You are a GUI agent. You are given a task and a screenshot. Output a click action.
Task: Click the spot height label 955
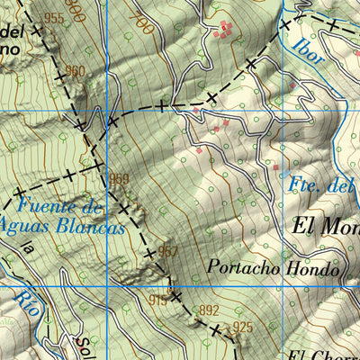[x=54, y=18]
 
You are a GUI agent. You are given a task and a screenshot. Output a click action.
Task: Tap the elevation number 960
[x=75, y=72]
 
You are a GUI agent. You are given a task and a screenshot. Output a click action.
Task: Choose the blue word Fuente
[x=49, y=206]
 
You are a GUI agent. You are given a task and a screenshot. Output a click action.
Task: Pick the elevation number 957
[x=167, y=251]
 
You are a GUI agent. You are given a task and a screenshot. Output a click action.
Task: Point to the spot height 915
[x=158, y=301]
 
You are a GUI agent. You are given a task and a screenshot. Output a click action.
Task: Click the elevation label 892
[x=209, y=310]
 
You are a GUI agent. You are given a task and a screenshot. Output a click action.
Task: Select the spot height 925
[x=243, y=326]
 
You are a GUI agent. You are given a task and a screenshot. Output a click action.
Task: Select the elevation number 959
[x=120, y=177]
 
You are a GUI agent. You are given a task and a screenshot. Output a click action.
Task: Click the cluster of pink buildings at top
[x=227, y=30]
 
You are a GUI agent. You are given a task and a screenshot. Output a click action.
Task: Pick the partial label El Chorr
[x=324, y=354]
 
